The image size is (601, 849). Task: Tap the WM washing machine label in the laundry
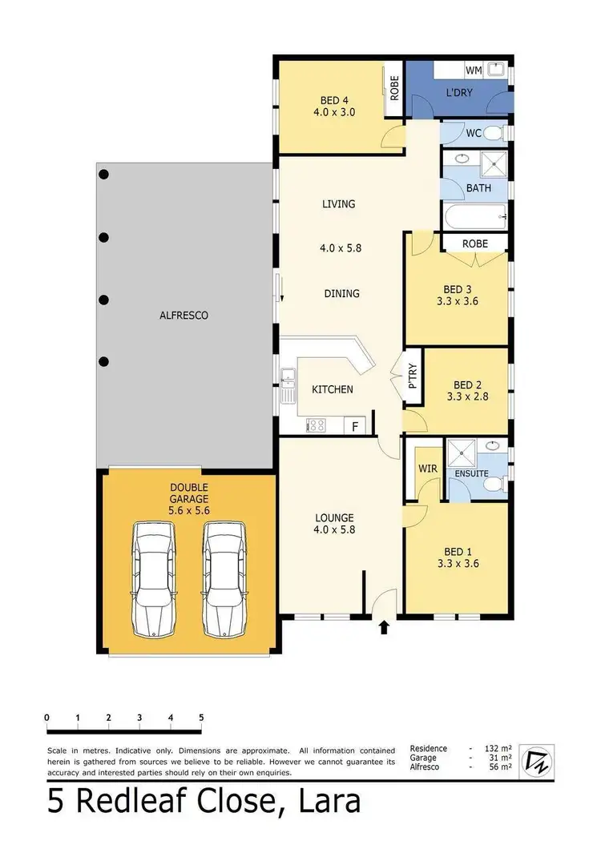coord(474,71)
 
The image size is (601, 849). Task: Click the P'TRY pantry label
coord(413,376)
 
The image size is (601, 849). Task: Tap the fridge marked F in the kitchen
coord(355,425)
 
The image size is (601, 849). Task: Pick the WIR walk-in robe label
coord(424,468)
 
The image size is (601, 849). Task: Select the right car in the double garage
coord(224,579)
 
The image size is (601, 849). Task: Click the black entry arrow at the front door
coord(384,627)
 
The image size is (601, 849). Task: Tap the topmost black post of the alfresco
coord(103,175)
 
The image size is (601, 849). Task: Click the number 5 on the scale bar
coord(201,718)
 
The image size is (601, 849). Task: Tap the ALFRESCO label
coord(184,316)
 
